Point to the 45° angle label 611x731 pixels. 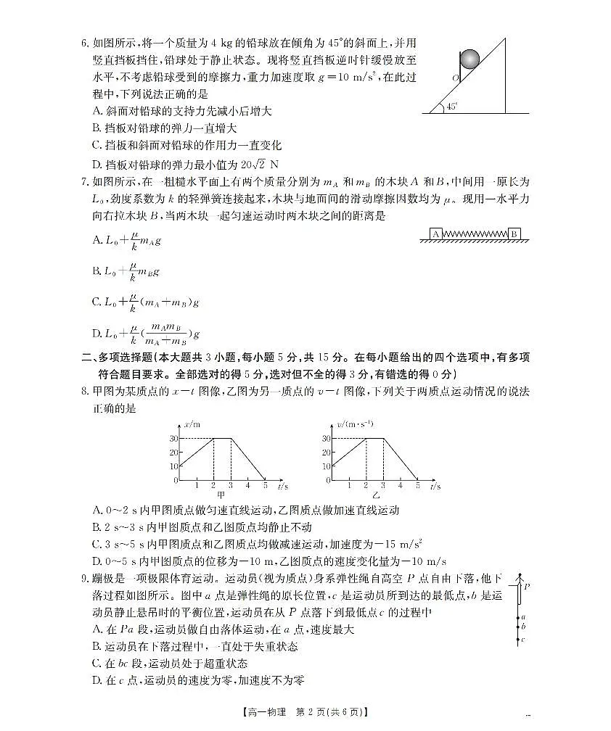[x=452, y=106]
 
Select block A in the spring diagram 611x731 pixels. [x=436, y=234]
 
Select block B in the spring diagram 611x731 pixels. [x=514, y=234]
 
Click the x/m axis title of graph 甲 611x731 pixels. [x=192, y=424]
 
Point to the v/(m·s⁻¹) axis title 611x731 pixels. [x=353, y=424]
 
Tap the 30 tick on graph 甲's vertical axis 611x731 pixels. [x=174, y=439]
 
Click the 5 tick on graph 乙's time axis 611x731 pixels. [x=417, y=485]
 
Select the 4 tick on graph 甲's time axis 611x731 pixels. [x=247, y=485]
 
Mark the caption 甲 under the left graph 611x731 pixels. [x=211, y=495]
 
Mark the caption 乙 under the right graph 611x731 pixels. [x=375, y=495]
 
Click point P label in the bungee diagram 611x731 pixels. [x=529, y=586]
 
